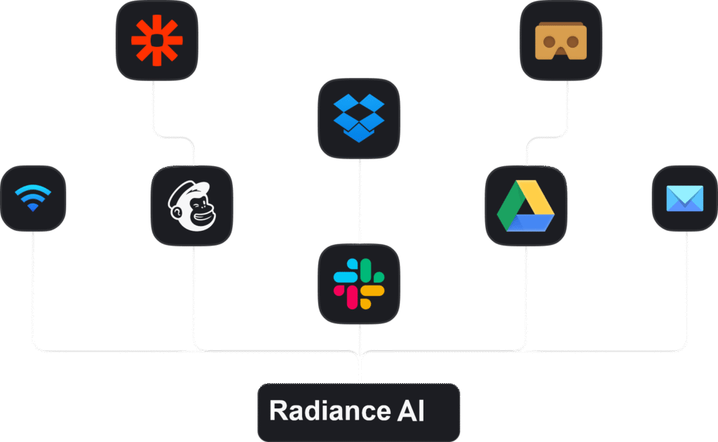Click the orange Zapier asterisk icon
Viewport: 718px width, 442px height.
tap(156, 40)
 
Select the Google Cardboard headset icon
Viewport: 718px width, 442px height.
tap(560, 41)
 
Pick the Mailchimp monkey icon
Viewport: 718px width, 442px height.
tap(191, 206)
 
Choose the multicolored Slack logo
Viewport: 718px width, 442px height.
tap(359, 284)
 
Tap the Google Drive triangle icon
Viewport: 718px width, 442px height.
tap(526, 206)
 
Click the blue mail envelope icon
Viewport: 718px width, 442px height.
tap(685, 199)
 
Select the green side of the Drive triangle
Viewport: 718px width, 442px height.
tap(510, 205)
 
